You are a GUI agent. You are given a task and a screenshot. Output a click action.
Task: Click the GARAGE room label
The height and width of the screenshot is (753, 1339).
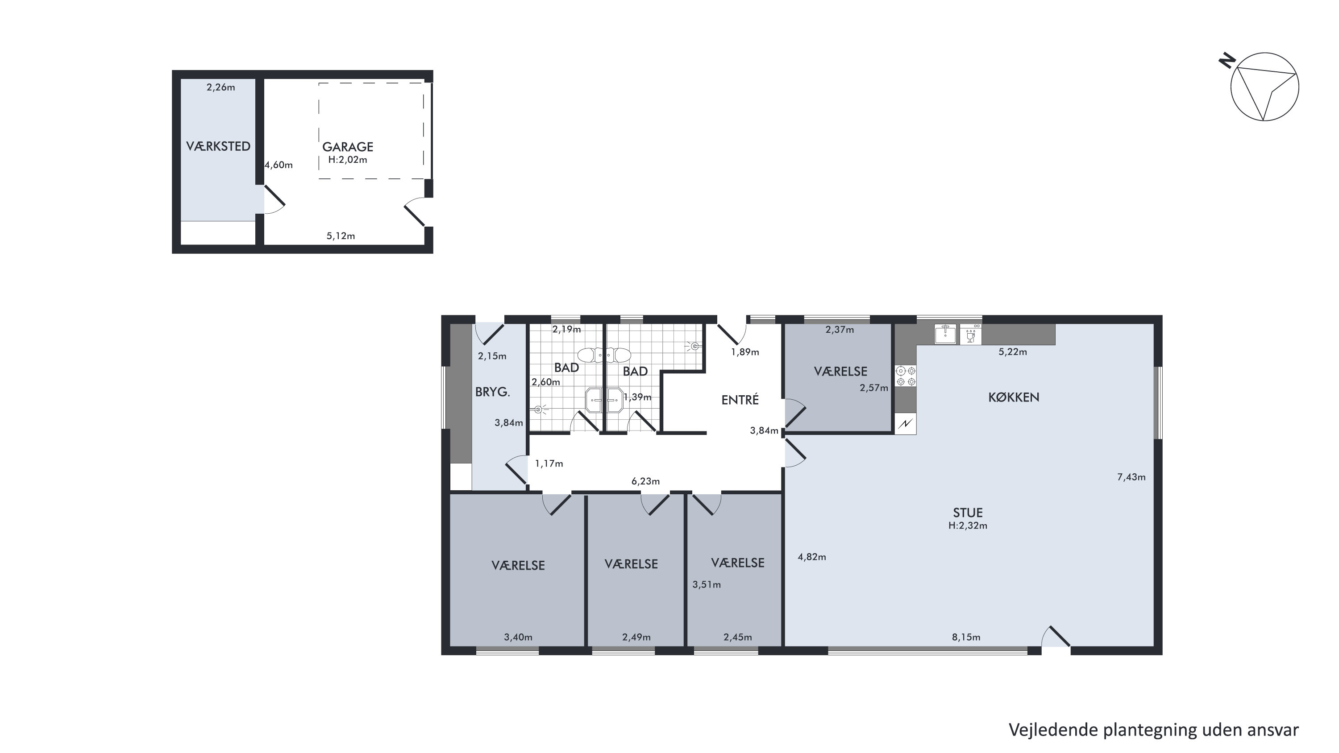(348, 147)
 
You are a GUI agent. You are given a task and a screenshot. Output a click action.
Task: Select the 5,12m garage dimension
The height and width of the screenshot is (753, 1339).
(341, 236)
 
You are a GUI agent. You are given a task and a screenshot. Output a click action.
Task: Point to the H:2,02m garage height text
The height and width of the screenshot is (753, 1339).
(348, 160)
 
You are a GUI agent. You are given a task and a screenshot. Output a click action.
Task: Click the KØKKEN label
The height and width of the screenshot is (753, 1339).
(1014, 397)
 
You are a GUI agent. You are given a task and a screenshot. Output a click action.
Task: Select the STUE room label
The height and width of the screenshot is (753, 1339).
(968, 513)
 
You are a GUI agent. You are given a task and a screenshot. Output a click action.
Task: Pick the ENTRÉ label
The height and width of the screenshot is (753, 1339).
(740, 399)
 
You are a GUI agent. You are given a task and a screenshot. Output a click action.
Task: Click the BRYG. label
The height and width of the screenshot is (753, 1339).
(492, 392)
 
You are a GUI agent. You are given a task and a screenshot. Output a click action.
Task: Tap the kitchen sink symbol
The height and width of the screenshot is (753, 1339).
(945, 334)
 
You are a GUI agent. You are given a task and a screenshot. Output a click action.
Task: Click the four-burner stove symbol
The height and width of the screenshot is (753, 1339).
(906, 376)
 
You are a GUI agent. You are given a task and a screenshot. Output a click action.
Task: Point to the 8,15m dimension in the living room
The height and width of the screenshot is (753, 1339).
(966, 637)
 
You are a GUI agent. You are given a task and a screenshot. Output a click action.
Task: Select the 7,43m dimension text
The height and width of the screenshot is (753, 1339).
(1131, 477)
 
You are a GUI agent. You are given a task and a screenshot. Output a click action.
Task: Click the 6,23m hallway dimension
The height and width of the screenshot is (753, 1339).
(645, 481)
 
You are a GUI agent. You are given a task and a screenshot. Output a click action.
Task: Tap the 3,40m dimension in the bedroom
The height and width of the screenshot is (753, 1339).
(518, 637)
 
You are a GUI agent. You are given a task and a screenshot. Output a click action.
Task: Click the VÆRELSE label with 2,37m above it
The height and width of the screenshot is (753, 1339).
(840, 371)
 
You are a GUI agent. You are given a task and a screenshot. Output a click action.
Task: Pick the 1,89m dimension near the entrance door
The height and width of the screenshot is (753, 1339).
(745, 352)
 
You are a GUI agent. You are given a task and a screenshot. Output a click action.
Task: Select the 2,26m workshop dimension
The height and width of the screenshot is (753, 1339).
(221, 87)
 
